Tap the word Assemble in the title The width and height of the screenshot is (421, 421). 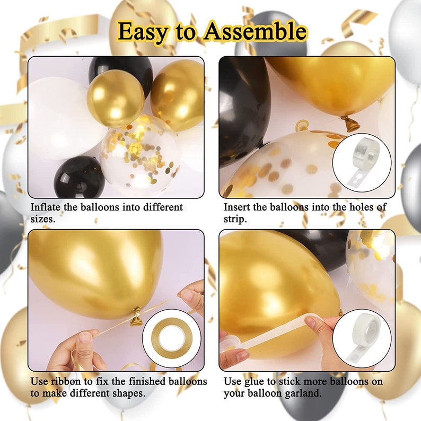(x=255, y=31)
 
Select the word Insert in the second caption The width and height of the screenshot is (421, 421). (x=239, y=207)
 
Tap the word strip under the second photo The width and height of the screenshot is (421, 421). (x=235, y=219)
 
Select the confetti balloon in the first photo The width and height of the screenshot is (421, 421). (x=140, y=154)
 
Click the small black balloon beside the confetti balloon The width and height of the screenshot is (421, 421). (x=80, y=177)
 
